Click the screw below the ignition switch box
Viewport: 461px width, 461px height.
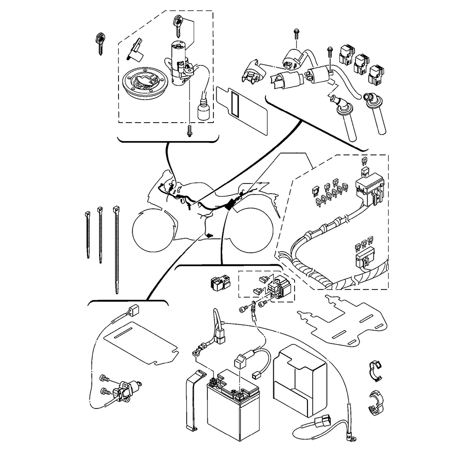tap(189, 131)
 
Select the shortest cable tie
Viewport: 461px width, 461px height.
tap(88, 233)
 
